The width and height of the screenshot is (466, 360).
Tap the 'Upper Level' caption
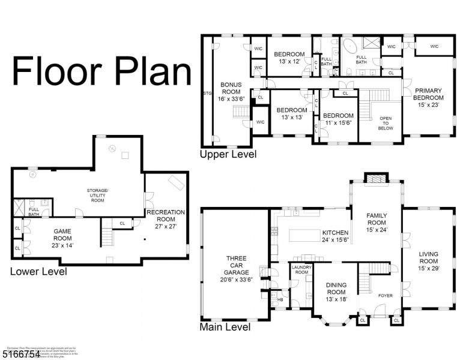pos(228,154)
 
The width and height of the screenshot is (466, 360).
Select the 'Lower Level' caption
pos(38,271)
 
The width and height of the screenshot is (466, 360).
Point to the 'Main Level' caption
pos(225,327)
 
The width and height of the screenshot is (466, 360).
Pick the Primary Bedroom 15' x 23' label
pos(428,97)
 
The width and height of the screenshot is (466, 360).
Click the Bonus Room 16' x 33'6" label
pos(231,92)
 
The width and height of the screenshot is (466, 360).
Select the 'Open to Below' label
pos(385,123)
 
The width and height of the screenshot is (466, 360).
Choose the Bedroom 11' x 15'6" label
pos(337,119)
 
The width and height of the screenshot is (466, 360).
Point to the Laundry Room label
pos(301,269)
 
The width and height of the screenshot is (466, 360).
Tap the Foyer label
pos(384,295)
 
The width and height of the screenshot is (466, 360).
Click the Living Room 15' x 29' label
pos(428,261)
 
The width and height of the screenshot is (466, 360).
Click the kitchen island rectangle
pos(309,235)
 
